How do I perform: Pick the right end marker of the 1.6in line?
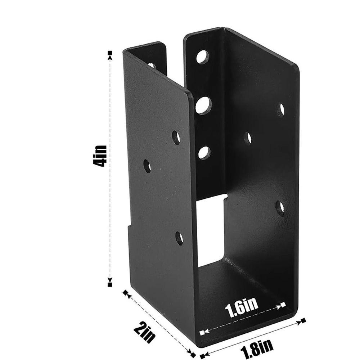(x=283, y=305)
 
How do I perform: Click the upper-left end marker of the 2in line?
(x=126, y=293)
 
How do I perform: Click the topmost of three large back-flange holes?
(x=203, y=57)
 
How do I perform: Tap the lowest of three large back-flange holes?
(x=204, y=153)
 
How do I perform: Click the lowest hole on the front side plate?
(x=179, y=238)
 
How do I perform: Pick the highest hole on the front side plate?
(x=176, y=137)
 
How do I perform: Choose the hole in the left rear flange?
(x=152, y=66)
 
